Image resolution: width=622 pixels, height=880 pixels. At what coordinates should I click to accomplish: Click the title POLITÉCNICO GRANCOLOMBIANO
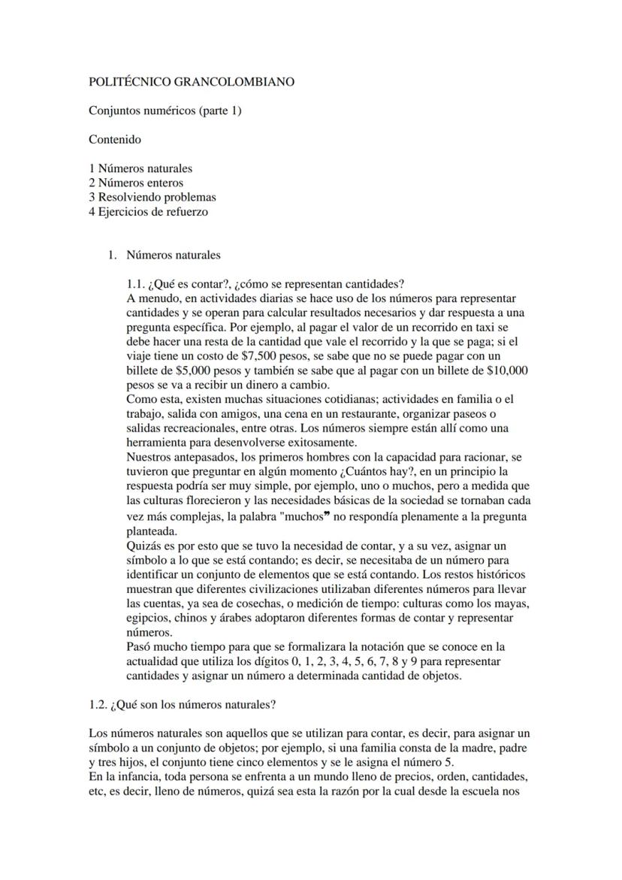click(x=191, y=81)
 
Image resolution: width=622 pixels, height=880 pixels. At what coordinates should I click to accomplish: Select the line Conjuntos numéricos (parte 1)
click(x=165, y=110)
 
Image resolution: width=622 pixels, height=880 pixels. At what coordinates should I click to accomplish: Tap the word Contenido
click(x=114, y=139)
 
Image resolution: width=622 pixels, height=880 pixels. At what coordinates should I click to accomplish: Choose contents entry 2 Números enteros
click(x=136, y=183)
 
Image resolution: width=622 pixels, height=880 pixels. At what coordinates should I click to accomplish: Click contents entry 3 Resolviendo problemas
click(x=152, y=197)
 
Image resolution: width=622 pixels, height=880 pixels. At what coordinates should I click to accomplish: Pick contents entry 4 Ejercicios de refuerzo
click(x=148, y=211)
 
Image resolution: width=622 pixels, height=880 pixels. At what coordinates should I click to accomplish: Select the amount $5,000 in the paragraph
click(x=205, y=370)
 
